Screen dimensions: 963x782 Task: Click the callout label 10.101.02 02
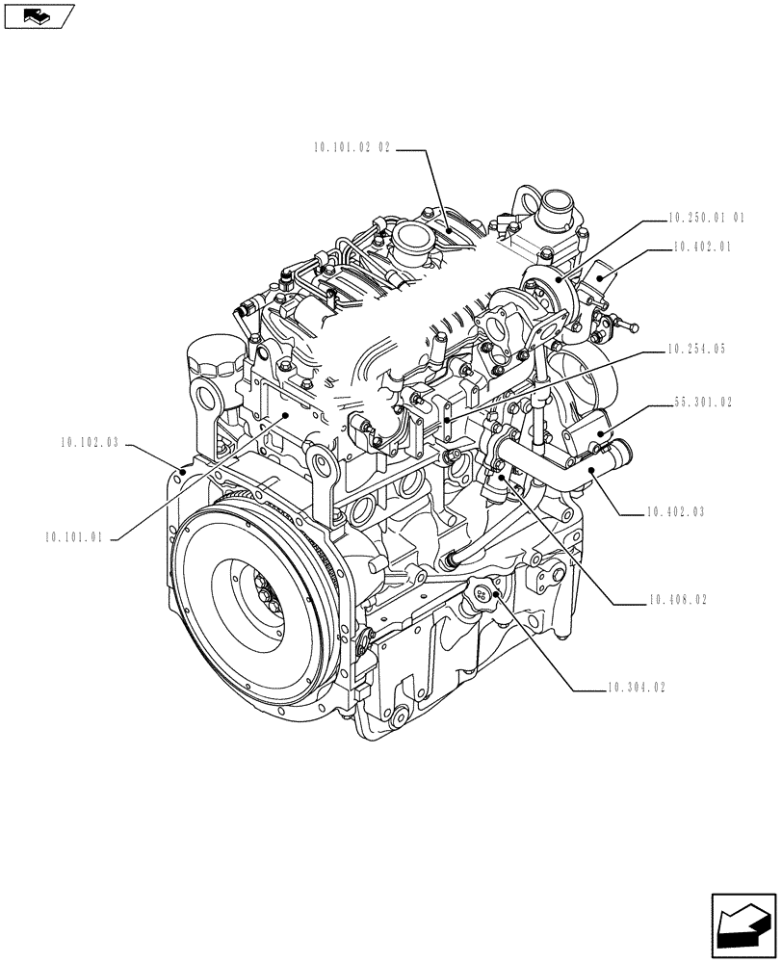click(x=352, y=148)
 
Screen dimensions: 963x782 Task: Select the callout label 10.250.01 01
click(x=707, y=218)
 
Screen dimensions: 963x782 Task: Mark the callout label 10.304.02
click(x=636, y=688)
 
